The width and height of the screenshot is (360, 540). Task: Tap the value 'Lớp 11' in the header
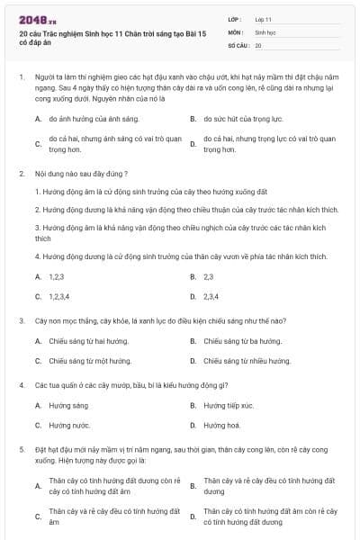pyautogui.click(x=264, y=18)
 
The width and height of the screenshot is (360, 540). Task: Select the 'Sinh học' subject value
pyautogui.click(x=265, y=31)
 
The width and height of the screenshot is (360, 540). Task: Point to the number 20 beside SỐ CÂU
pyautogui.click(x=258, y=44)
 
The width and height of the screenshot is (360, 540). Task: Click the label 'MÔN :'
pyautogui.click(x=235, y=31)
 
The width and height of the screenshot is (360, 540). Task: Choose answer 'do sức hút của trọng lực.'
pyautogui.click(x=238, y=118)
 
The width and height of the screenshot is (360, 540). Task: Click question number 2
pyautogui.click(x=21, y=173)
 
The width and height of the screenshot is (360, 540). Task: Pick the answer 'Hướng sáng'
pyautogui.click(x=68, y=405)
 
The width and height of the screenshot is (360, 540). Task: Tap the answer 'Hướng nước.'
pyautogui.click(x=69, y=425)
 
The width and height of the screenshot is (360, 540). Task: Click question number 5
pyautogui.click(x=21, y=447)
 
